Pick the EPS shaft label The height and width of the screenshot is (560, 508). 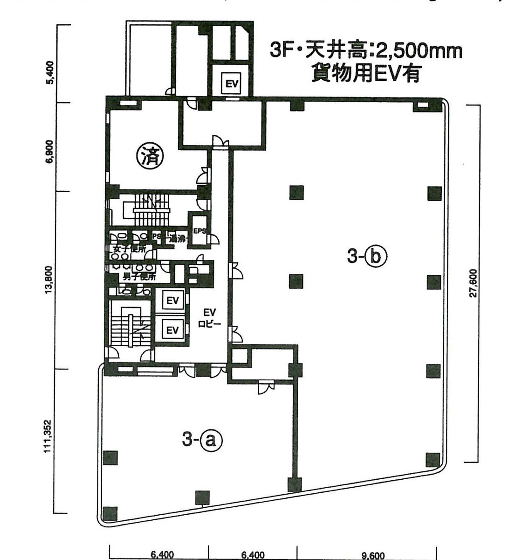(199, 231)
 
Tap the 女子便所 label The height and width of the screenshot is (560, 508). (128, 249)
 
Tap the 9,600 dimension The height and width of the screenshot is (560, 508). (372, 555)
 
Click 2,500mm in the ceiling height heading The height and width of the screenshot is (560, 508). (405, 51)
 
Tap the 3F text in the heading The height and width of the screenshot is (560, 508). (283, 51)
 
